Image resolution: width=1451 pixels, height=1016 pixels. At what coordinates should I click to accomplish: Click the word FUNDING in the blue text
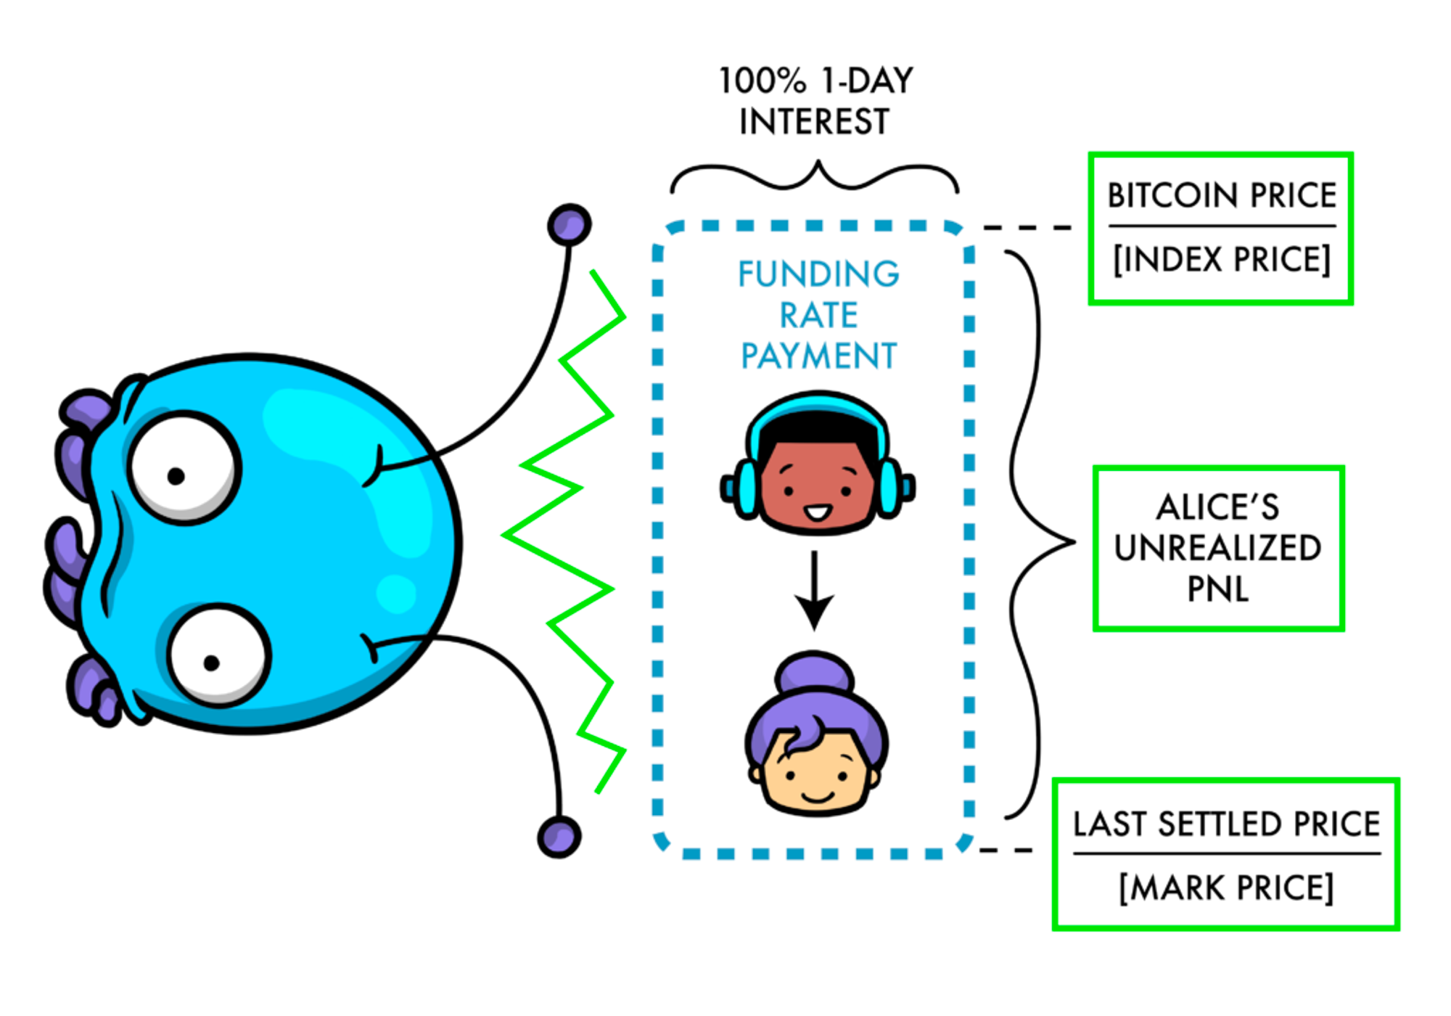(x=818, y=274)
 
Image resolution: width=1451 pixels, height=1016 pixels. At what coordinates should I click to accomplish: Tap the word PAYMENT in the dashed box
(x=818, y=356)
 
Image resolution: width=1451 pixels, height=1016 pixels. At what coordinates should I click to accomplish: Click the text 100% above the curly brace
(x=762, y=81)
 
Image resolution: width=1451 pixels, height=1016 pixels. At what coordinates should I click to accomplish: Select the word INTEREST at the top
(x=814, y=121)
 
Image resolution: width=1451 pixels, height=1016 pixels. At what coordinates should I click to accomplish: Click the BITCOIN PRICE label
(x=1222, y=195)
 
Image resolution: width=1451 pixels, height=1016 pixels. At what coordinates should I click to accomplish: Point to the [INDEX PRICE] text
(x=1222, y=259)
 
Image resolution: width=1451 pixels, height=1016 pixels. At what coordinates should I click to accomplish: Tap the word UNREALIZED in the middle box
(x=1218, y=548)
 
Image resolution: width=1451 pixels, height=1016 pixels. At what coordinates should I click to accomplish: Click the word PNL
(x=1218, y=589)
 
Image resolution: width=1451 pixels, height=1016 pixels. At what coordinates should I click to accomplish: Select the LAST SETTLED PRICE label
(x=1226, y=824)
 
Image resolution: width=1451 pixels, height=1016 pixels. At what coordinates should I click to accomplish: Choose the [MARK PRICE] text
(x=1226, y=888)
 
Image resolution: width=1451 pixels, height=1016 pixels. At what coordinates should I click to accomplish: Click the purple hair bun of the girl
(x=814, y=671)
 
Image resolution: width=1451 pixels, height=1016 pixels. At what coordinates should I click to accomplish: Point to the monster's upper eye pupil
(x=176, y=476)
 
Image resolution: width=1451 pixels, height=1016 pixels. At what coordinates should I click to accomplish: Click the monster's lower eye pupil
(x=211, y=663)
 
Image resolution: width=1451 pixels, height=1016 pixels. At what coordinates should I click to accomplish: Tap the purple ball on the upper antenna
(x=570, y=224)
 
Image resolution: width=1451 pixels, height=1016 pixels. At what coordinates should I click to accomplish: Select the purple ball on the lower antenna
(x=559, y=836)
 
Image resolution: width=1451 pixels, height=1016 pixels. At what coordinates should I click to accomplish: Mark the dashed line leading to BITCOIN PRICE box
(x=1027, y=228)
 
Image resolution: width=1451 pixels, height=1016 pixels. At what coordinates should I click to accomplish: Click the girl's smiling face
(x=816, y=777)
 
